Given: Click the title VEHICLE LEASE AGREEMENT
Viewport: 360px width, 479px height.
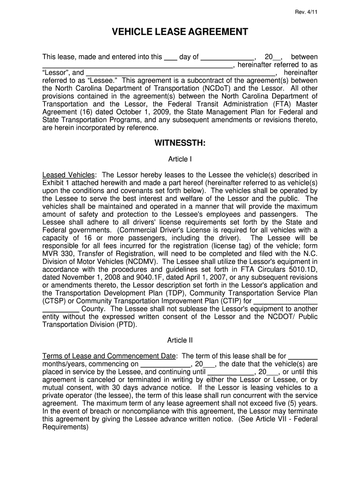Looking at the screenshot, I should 180,32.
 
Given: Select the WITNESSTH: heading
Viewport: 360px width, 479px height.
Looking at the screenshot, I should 180,143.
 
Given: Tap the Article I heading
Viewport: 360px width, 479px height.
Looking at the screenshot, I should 180,159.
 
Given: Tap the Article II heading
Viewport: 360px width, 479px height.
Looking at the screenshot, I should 180,340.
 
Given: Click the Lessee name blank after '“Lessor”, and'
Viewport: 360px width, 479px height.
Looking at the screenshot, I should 181,73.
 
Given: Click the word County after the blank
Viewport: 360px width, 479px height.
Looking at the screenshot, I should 94,310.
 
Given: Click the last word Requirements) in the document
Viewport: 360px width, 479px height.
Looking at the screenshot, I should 65,428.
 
